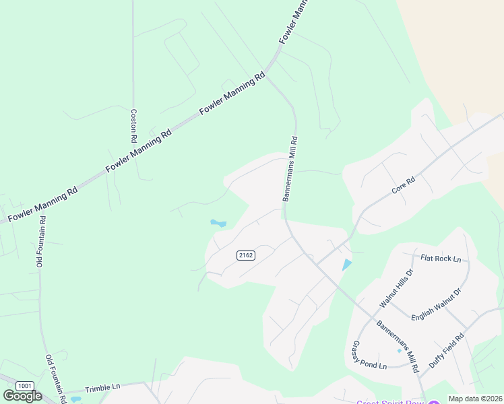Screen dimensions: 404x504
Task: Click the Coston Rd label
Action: (134, 125)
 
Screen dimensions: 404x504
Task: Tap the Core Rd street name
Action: (404, 187)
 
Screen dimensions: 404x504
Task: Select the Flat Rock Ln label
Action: (441, 259)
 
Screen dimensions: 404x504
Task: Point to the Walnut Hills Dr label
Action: (396, 288)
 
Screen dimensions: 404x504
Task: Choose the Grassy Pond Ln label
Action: (369, 355)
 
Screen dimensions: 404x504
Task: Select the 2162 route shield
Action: (246, 255)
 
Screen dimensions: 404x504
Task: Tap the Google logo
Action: (22, 396)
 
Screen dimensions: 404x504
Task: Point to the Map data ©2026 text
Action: (475, 399)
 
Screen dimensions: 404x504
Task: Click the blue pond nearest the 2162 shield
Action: (218, 223)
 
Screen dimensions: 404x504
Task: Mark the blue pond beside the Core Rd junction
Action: (346, 265)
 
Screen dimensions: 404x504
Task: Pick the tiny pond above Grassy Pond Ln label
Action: (399, 350)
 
